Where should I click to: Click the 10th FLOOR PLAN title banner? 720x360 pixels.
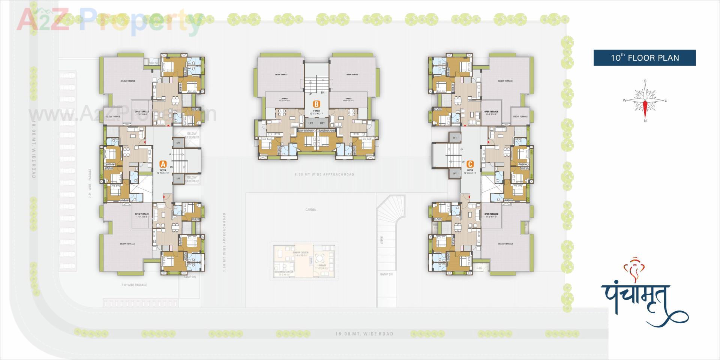coord(644,58)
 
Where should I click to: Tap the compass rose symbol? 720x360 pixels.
coord(645,100)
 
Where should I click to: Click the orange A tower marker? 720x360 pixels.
coord(163,164)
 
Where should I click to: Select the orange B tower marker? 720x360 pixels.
coord(317,104)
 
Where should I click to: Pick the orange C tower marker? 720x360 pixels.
coord(470,164)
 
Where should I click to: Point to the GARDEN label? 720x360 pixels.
coord(310,210)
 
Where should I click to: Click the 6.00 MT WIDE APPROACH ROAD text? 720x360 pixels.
coord(324,174)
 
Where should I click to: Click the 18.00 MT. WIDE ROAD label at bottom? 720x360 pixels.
coord(364,334)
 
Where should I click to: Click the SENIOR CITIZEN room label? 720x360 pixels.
coord(301,253)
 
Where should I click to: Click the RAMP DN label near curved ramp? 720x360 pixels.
coord(386,274)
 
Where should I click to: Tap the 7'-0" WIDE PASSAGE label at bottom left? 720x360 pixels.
coord(134,285)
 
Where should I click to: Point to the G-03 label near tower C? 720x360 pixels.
coord(479,268)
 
